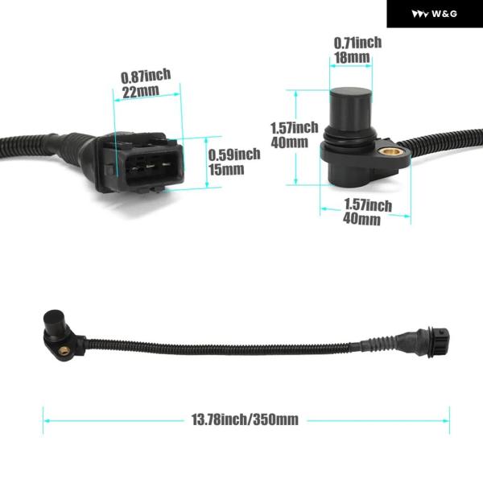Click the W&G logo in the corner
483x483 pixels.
pyautogui.click(x=434, y=14)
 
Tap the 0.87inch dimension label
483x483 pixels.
pyautogui.click(x=146, y=76)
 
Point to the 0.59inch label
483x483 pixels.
pyautogui.click(x=233, y=155)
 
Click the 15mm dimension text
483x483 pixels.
pyautogui.click(x=226, y=169)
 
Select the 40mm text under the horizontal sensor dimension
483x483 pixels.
pyautogui.click(x=361, y=219)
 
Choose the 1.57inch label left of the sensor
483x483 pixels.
pyautogui.click(x=293, y=128)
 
